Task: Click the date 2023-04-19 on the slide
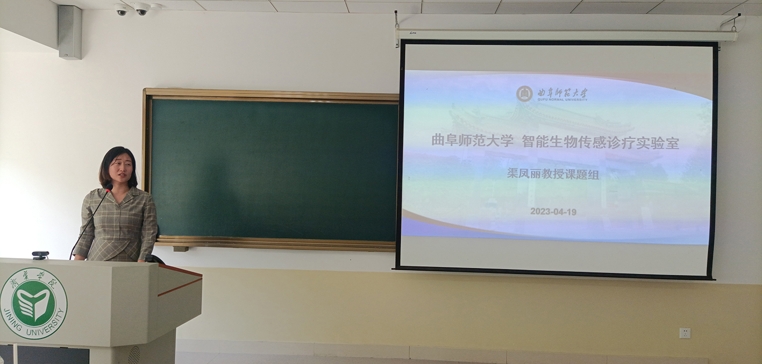pos(553,212)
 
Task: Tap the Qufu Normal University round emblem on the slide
pos(524,94)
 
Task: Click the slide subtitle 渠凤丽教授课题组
pos(553,174)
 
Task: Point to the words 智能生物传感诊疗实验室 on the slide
pos(601,142)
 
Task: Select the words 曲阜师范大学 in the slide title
pos(472,140)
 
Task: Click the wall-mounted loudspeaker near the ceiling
pos(70,32)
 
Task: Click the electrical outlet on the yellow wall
pos(685,333)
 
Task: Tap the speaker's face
pos(120,169)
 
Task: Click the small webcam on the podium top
pos(40,255)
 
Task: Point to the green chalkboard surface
pos(274,169)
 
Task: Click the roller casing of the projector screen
pos(567,34)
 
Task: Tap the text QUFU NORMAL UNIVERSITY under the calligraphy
pos(562,99)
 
